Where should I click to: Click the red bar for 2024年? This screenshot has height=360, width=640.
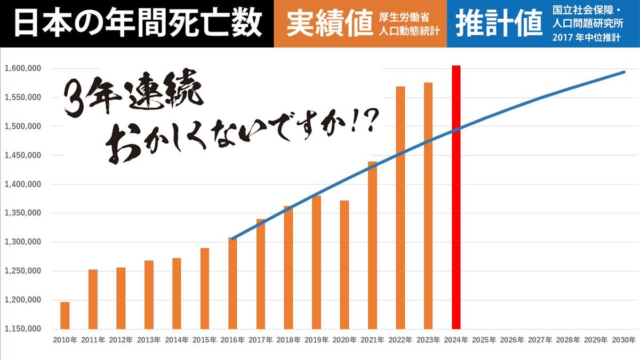[456, 197]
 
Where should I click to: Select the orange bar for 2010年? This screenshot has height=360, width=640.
[65, 315]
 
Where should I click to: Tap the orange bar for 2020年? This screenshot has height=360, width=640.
[345, 265]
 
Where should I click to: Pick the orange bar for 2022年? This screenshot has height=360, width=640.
[401, 207]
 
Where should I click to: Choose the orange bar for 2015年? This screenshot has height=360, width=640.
[205, 288]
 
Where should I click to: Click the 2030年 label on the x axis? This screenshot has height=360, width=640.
[623, 340]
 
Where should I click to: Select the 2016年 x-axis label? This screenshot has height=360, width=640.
[233, 340]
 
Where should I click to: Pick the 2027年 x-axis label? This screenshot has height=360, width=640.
[540, 340]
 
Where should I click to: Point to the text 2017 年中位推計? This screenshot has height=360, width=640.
[586, 38]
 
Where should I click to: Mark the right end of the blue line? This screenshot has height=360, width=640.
[624, 72]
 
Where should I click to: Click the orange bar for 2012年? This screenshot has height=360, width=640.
[121, 298]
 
